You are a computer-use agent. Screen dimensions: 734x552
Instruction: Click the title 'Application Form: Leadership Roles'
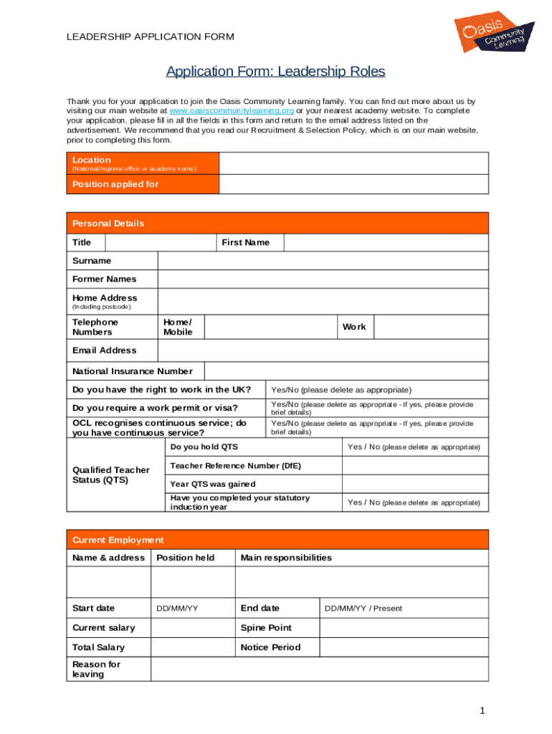pyautogui.click(x=276, y=72)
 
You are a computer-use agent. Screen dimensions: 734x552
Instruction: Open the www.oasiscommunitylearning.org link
pyautogui.click(x=231, y=112)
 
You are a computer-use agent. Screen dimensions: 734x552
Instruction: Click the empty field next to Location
pyautogui.click(x=353, y=163)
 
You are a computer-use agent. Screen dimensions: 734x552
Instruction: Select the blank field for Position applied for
pyautogui.click(x=353, y=184)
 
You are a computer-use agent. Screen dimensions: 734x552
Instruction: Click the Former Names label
pyautogui.click(x=105, y=279)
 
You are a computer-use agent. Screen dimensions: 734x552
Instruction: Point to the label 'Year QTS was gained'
pyautogui.click(x=212, y=485)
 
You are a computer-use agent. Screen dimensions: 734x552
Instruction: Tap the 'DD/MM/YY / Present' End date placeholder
pyautogui.click(x=363, y=609)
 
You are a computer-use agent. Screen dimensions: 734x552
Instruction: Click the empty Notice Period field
pyautogui.click(x=403, y=647)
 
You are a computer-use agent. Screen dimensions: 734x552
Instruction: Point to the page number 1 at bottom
pyautogui.click(x=483, y=711)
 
